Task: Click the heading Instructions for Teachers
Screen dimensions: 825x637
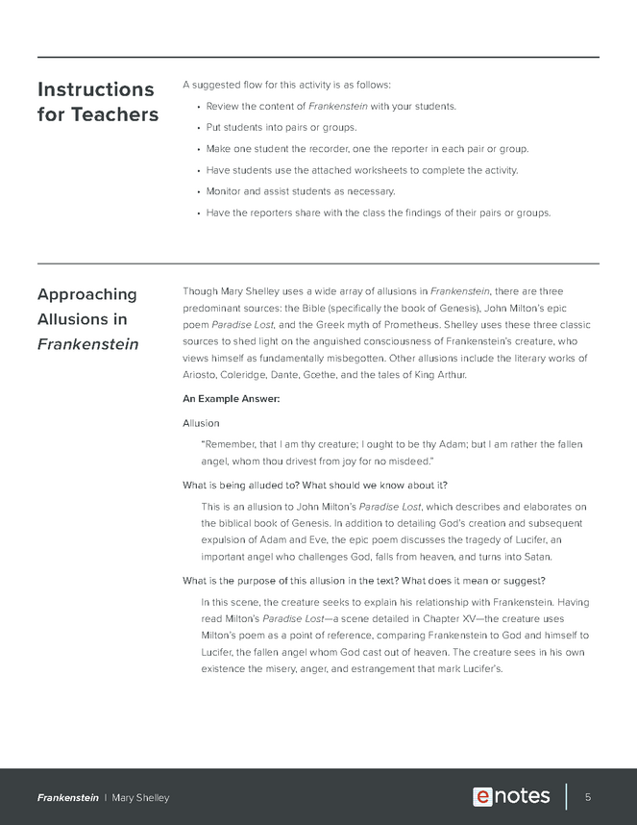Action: click(95, 102)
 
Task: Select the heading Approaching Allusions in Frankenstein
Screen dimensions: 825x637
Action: click(87, 318)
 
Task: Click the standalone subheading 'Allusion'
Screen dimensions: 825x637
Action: click(201, 423)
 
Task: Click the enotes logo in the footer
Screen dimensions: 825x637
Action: click(511, 796)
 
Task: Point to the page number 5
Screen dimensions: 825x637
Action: click(587, 797)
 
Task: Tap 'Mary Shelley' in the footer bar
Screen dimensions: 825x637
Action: click(140, 798)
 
